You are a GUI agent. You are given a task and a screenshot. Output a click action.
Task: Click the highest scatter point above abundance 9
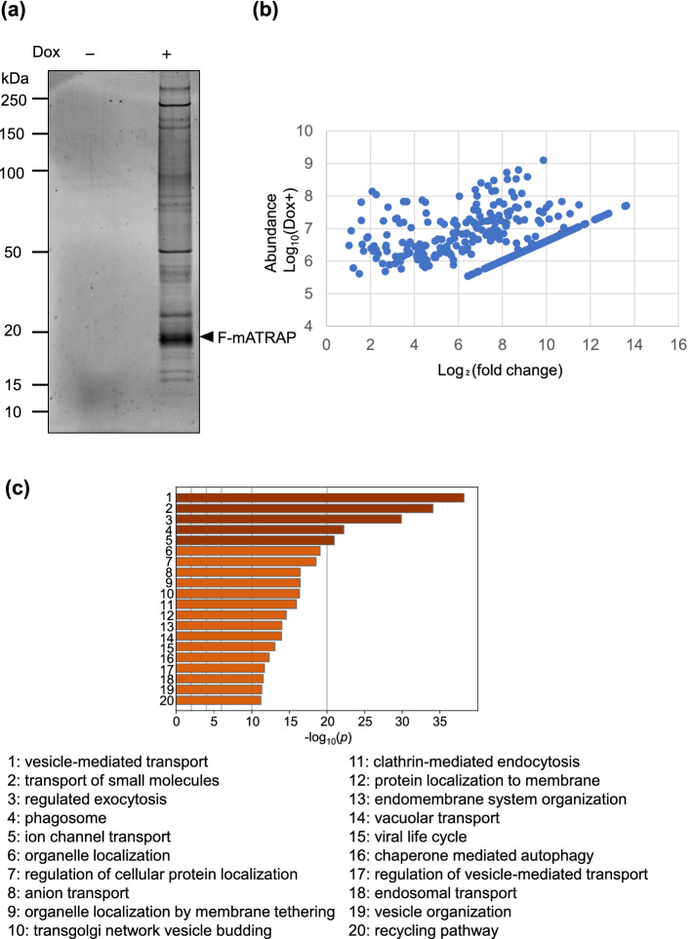click(544, 160)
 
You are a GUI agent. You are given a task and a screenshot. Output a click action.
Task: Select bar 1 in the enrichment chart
click(320, 497)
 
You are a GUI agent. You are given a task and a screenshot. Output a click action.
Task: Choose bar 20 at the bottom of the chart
click(219, 699)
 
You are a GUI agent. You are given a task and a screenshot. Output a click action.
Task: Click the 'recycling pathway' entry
click(430, 930)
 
